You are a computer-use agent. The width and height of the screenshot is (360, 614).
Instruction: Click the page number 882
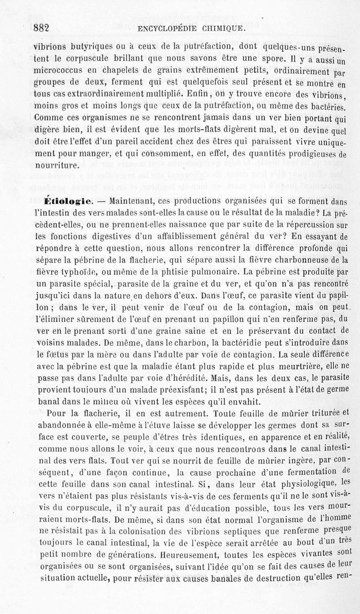41,28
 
